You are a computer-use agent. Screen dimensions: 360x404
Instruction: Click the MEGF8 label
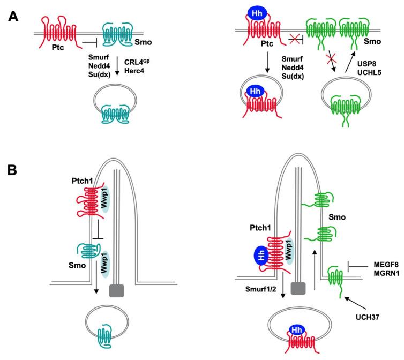384,264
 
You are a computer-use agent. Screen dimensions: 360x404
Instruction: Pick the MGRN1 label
384,274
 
